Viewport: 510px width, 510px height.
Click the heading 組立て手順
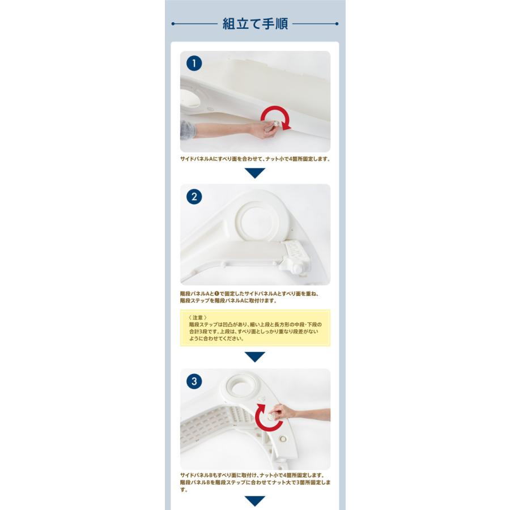[255, 24]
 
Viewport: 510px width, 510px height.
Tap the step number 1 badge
[194, 63]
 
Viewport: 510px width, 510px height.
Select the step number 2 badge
[194, 197]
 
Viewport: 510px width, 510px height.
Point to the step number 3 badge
[194, 381]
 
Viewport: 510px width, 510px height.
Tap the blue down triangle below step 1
[255, 173]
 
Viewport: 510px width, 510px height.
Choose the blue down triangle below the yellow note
[255, 357]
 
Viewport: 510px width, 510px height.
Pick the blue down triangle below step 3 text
[255, 501]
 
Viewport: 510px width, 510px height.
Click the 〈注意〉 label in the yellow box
[198, 317]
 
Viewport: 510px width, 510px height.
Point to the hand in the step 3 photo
[283, 412]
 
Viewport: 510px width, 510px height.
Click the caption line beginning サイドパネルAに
[256, 159]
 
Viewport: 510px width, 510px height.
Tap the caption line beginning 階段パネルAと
[249, 294]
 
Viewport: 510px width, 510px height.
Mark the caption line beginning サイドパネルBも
[252, 475]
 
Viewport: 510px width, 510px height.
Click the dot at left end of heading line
[173, 24]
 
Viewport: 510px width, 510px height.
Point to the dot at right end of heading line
[337, 24]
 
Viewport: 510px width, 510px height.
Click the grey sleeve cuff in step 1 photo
[188, 130]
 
